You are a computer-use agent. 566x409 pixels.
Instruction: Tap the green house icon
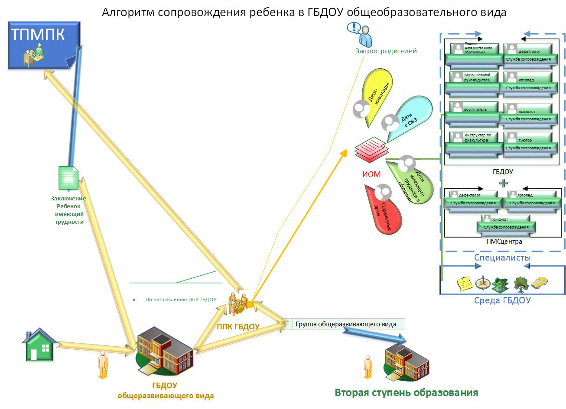(x=39, y=345)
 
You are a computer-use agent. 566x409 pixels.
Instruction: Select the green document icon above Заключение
(x=68, y=178)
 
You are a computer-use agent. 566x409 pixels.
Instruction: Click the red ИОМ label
(x=371, y=174)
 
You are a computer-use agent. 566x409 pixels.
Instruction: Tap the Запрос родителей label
(x=386, y=51)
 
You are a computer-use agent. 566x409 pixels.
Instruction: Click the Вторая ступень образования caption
(x=406, y=393)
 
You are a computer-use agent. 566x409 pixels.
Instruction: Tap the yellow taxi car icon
(x=539, y=283)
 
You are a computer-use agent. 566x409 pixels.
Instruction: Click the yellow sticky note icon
(x=465, y=284)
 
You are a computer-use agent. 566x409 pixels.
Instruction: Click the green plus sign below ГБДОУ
(x=503, y=183)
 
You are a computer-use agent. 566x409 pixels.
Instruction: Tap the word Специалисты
(x=502, y=258)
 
